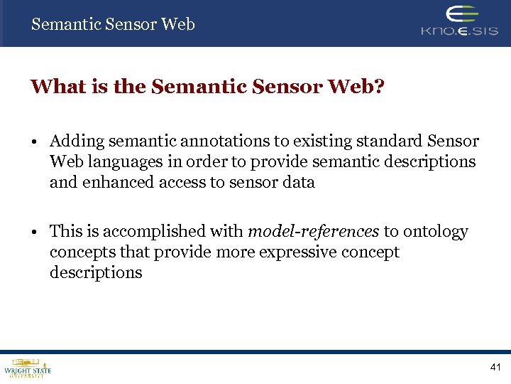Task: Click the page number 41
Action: tap(495, 367)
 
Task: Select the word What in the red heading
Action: tap(53, 87)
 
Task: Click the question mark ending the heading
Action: tap(378, 87)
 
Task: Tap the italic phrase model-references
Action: tap(313, 232)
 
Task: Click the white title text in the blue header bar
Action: tap(113, 24)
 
